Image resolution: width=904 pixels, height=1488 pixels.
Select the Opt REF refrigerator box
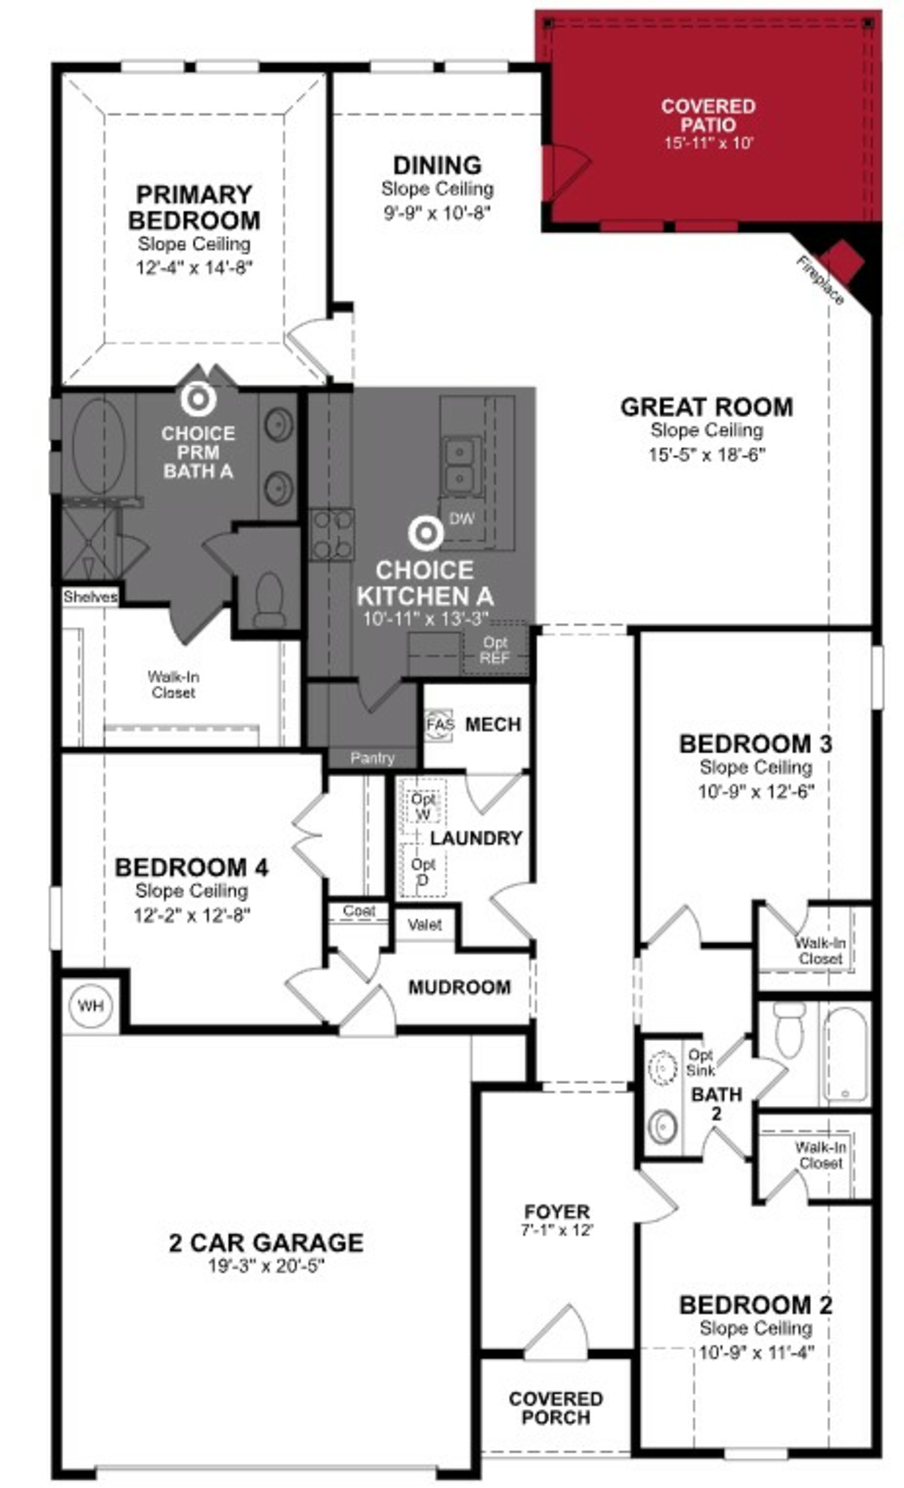[x=495, y=650]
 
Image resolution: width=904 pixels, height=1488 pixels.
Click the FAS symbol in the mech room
[x=440, y=724]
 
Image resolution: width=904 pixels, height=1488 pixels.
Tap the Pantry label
[x=372, y=758]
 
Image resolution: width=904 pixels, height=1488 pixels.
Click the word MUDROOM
[x=459, y=987]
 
